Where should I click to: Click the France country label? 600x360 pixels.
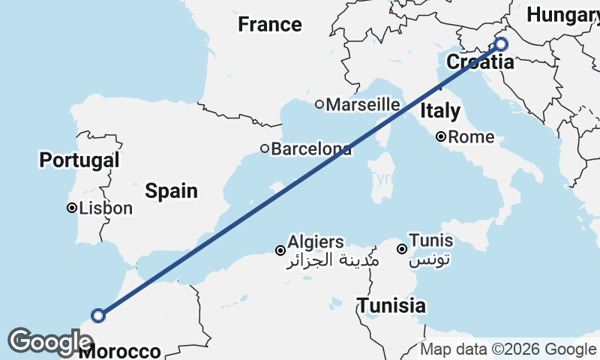269,25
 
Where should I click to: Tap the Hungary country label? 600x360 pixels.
562,14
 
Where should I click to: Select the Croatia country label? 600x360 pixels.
481,62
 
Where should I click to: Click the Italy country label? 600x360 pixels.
440,112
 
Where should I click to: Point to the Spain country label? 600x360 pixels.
172,190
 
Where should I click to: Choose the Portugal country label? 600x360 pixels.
79,160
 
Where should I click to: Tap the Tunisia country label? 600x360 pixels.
391,305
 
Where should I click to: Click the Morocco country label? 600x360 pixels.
120,351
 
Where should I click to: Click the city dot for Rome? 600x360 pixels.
442,136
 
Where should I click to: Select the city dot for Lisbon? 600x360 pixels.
72,208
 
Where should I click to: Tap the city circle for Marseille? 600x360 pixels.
319,104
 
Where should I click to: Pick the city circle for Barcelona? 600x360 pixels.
265,148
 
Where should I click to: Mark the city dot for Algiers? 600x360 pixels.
280,250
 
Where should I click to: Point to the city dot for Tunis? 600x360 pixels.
402,249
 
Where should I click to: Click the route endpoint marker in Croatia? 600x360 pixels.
501,44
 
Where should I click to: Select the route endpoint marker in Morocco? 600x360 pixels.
97,316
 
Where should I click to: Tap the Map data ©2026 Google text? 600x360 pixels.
508,349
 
